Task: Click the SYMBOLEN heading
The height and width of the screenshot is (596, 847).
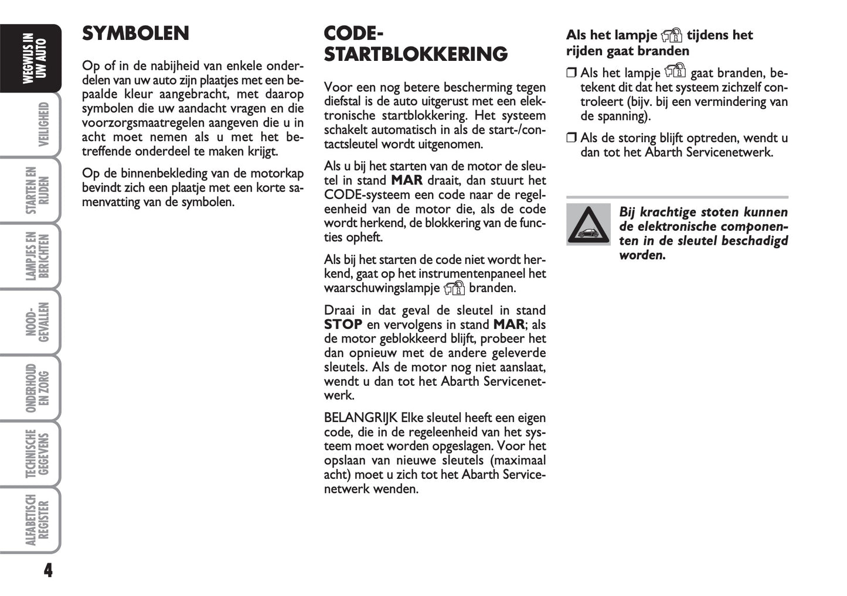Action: pyautogui.click(x=135, y=33)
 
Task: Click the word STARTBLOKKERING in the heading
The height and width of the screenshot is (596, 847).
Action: pyautogui.click(x=416, y=54)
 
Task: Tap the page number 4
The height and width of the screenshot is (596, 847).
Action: pyautogui.click(x=48, y=570)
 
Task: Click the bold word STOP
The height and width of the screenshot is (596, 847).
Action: pyautogui.click(x=343, y=325)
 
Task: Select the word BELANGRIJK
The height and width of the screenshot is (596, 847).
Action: pyautogui.click(x=360, y=418)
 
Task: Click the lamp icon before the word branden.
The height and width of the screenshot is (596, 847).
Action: pyautogui.click(x=454, y=288)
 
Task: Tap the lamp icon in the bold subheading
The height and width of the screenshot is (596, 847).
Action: pyautogui.click(x=672, y=36)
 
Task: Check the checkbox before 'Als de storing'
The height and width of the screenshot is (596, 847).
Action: pyautogui.click(x=572, y=138)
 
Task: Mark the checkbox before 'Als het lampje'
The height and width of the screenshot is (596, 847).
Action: pyautogui.click(x=572, y=73)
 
